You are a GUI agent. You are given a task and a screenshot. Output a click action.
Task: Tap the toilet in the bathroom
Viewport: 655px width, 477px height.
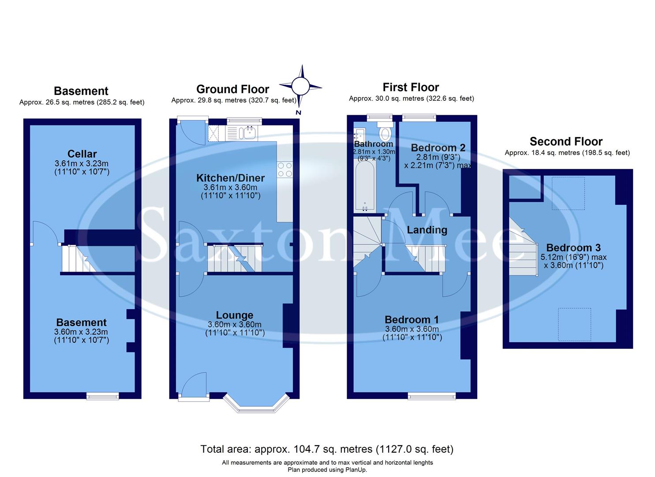pyautogui.click(x=386, y=132)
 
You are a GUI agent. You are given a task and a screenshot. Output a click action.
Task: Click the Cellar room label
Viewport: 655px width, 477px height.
pyautogui.click(x=82, y=154)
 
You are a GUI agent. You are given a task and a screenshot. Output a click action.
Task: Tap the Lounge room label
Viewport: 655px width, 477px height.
pyautogui.click(x=235, y=315)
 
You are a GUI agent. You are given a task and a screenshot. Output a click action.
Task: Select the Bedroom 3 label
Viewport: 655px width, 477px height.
pyautogui.click(x=573, y=248)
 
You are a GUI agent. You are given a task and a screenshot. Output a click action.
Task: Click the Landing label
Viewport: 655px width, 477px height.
pyautogui.click(x=427, y=230)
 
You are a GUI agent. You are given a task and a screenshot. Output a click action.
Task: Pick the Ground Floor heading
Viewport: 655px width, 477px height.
pyautogui.click(x=232, y=89)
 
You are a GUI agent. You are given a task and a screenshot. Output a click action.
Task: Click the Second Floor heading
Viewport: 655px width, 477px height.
pyautogui.click(x=566, y=141)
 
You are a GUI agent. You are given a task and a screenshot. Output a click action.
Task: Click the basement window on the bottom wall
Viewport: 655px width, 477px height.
pyautogui.click(x=102, y=396)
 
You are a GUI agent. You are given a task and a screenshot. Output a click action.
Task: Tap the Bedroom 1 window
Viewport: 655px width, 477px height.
pyautogui.click(x=432, y=396)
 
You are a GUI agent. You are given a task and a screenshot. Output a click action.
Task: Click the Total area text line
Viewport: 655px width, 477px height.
pyautogui.click(x=327, y=449)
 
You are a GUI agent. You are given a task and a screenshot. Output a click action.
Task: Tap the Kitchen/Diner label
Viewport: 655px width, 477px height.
pyautogui.click(x=230, y=178)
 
